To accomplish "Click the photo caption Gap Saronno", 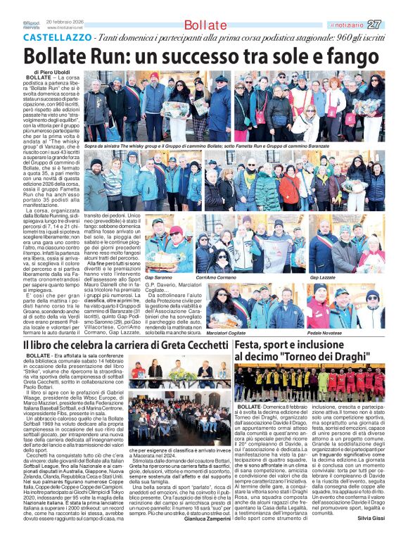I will click(158, 277).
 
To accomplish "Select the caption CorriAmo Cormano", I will click(214, 277).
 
